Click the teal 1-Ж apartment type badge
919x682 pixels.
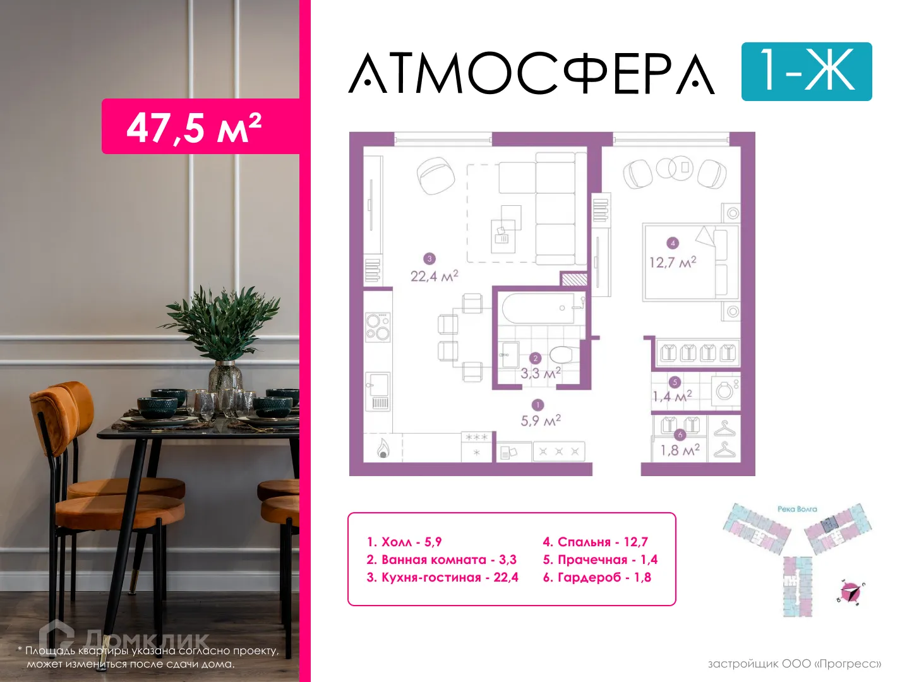806,71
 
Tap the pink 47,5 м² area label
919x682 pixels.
195,127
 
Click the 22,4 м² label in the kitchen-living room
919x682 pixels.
435,276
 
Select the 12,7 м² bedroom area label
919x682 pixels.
673,261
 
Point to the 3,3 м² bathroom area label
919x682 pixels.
540,373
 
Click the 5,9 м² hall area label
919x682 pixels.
541,420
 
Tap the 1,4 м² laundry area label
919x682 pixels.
672,397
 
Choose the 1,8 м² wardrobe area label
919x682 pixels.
680,450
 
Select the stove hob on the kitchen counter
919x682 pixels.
378,327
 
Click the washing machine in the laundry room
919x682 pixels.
724,391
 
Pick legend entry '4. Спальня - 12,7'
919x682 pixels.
595,542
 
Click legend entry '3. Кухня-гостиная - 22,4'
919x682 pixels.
442,577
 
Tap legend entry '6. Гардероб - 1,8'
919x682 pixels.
597,577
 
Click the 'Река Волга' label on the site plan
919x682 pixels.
797,509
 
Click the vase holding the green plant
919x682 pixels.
225,377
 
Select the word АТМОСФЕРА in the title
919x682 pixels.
532,74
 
